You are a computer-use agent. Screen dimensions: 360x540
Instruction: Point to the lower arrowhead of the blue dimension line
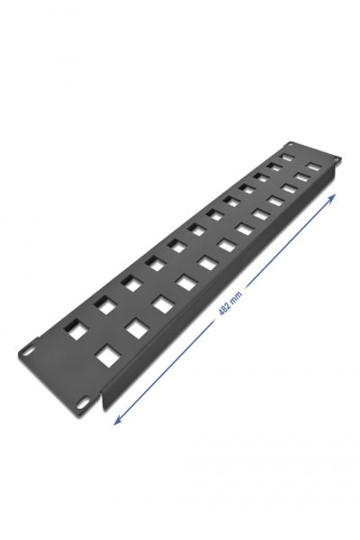[118, 420]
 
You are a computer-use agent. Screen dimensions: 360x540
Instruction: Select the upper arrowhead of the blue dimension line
[331, 199]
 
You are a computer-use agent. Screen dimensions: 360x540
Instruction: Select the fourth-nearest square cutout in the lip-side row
[184, 283]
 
